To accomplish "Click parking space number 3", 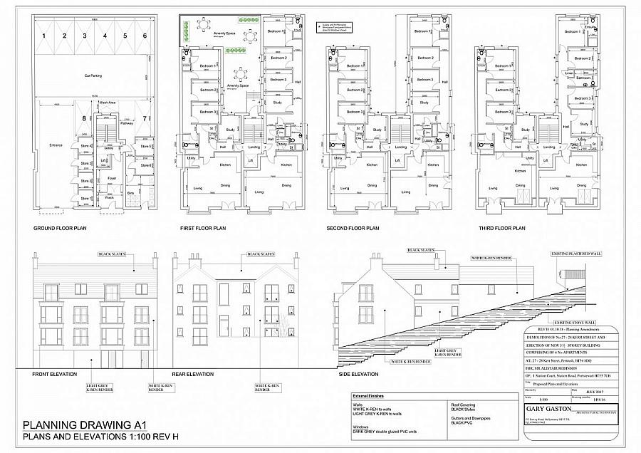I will (84, 35).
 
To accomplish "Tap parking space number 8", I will (83, 118).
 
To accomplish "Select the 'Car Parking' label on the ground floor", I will (95, 73).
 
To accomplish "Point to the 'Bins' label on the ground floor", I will (130, 192).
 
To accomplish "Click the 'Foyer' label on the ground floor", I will (112, 178).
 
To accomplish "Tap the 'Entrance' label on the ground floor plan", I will (56, 146).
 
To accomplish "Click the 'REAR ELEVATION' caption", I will (193, 374).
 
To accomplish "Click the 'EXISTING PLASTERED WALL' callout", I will (576, 253).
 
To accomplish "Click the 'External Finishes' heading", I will (368, 396).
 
